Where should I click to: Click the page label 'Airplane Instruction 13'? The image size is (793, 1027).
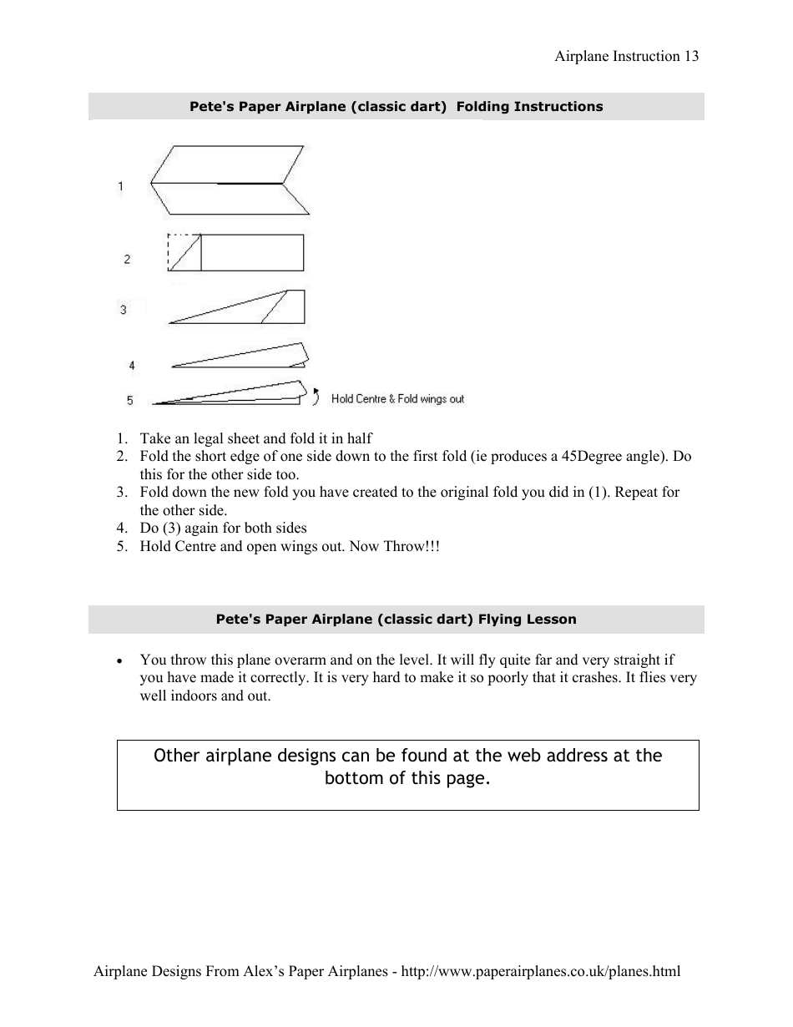tap(626, 57)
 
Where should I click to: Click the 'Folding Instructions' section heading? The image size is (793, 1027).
tap(396, 107)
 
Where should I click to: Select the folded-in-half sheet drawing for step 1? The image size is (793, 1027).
tap(230, 181)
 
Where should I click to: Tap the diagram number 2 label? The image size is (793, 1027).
tap(127, 260)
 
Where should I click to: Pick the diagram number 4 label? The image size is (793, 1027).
tap(132, 366)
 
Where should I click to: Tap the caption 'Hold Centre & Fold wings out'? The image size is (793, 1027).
tap(397, 399)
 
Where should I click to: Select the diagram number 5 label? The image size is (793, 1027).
tap(130, 401)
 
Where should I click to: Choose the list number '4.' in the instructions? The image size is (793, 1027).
tap(122, 528)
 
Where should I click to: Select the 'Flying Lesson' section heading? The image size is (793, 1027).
tap(396, 620)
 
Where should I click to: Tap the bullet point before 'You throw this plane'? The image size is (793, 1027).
tap(121, 660)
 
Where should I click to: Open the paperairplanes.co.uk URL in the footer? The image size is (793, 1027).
tap(541, 971)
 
